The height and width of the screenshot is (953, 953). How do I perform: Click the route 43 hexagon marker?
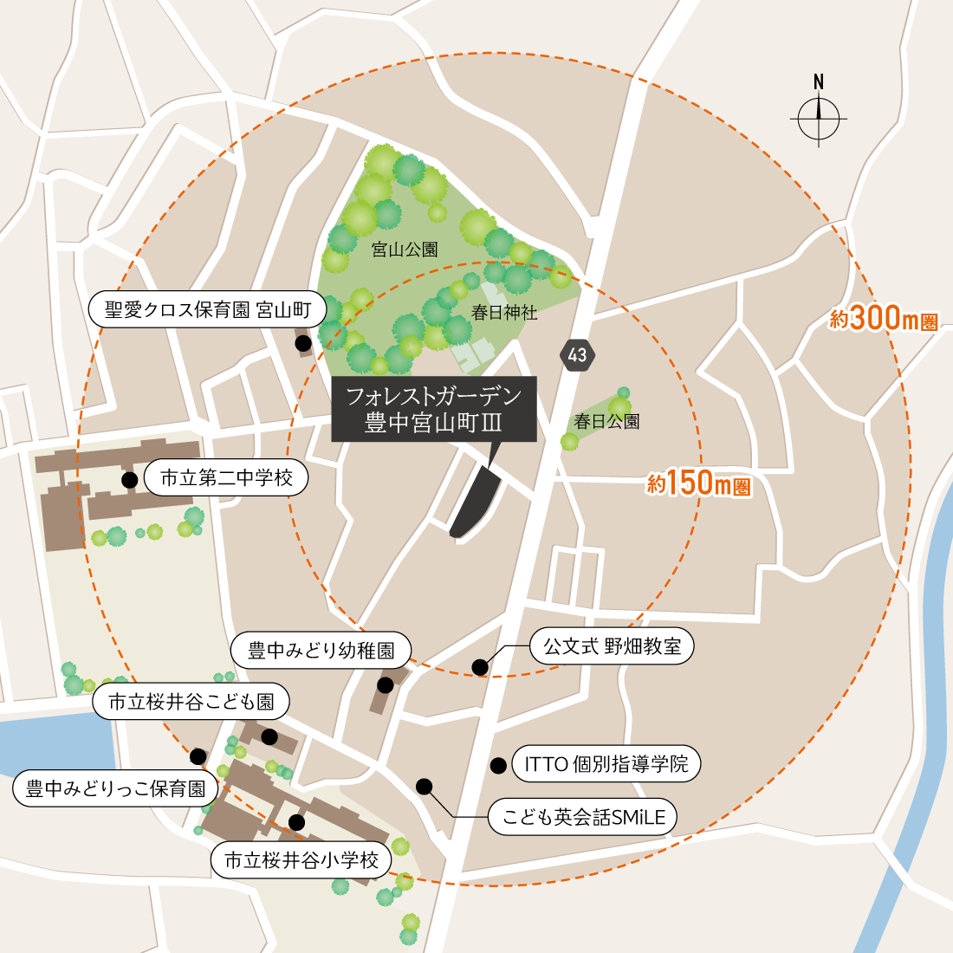pos(578,354)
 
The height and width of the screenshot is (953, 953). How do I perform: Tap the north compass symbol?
pos(819,118)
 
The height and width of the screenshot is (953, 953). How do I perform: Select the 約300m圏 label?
pos(883,319)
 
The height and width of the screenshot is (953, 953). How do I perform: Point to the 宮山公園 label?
pos(405,250)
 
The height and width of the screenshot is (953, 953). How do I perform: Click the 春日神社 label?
pos(504,313)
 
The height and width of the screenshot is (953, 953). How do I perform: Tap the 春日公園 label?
pos(606,422)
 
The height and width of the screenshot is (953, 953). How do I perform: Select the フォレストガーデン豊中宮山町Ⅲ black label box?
pos(433,409)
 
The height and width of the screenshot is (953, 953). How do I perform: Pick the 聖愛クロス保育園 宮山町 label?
pos(207,310)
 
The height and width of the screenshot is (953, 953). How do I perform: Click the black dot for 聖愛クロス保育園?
pos(303,344)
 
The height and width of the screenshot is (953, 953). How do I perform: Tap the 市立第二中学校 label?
pos(226,478)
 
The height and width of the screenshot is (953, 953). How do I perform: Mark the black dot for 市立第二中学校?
pos(129,479)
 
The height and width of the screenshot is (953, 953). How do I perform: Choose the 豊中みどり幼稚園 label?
pos(321,651)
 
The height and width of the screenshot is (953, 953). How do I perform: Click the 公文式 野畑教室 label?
pos(612,646)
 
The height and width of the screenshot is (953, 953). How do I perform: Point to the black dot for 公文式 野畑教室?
pos(479,666)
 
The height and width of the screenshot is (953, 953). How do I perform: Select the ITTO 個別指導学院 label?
pos(606,764)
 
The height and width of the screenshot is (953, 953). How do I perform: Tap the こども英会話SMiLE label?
pos(582,816)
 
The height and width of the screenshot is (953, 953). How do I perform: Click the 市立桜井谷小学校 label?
pos(301,860)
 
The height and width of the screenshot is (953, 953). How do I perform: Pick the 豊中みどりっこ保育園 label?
pos(115,789)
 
